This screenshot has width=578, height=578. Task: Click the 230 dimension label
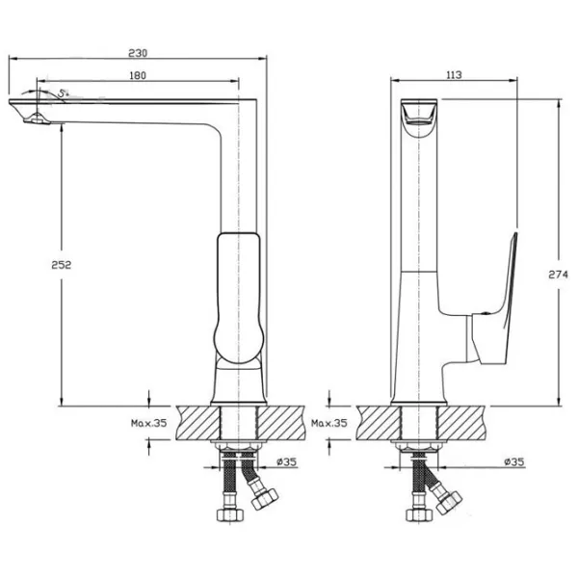138,53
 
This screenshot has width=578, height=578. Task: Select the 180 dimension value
138,75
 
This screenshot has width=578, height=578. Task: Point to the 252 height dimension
61,264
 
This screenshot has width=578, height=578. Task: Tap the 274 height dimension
558,275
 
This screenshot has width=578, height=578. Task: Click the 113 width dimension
454,75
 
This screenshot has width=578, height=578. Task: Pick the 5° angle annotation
64,93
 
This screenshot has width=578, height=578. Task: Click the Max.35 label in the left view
149,423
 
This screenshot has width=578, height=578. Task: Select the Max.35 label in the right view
329,423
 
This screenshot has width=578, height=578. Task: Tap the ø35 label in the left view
287,461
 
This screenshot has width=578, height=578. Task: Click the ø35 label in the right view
514,461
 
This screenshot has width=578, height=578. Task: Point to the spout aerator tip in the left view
36,119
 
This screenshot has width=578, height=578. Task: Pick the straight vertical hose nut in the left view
230,515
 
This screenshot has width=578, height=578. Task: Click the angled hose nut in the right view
448,501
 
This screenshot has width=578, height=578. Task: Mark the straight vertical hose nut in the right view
419,515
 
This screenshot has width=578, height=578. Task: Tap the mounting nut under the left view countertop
239,446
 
